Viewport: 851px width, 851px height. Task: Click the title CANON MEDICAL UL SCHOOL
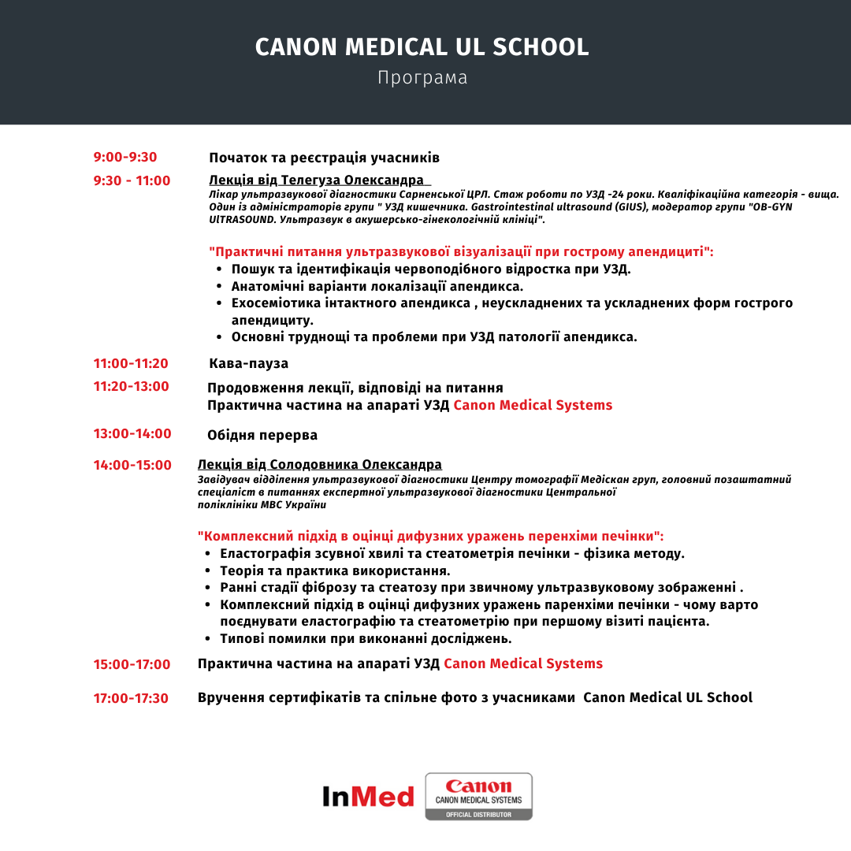pos(422,47)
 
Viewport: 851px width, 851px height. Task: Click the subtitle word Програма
pos(422,78)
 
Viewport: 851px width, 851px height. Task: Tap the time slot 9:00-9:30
pos(125,157)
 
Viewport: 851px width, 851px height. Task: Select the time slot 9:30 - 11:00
pos(132,180)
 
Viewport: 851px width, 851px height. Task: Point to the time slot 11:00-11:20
pos(131,363)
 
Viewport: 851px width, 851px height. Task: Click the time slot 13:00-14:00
pos(132,433)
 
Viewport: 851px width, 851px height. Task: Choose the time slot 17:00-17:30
pos(131,698)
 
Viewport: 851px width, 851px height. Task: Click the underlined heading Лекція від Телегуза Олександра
pos(316,180)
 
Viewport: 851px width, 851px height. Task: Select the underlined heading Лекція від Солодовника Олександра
pos(320,464)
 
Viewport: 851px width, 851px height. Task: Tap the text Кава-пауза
pos(249,363)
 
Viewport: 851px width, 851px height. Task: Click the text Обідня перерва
pos(262,435)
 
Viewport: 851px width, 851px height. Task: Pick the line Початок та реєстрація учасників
pos(324,158)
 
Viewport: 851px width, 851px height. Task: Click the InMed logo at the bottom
pos(368,796)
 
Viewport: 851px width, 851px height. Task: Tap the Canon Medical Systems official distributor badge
pos(478,796)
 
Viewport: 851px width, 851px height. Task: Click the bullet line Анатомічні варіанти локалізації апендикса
pos(377,286)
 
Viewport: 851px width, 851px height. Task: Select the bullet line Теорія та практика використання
pos(335,570)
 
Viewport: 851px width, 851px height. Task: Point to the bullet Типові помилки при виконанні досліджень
pos(366,638)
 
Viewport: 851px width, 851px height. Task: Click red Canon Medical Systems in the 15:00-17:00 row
pos(523,663)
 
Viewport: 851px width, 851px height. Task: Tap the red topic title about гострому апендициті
pos(462,252)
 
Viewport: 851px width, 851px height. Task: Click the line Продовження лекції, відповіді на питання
pos(355,388)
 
